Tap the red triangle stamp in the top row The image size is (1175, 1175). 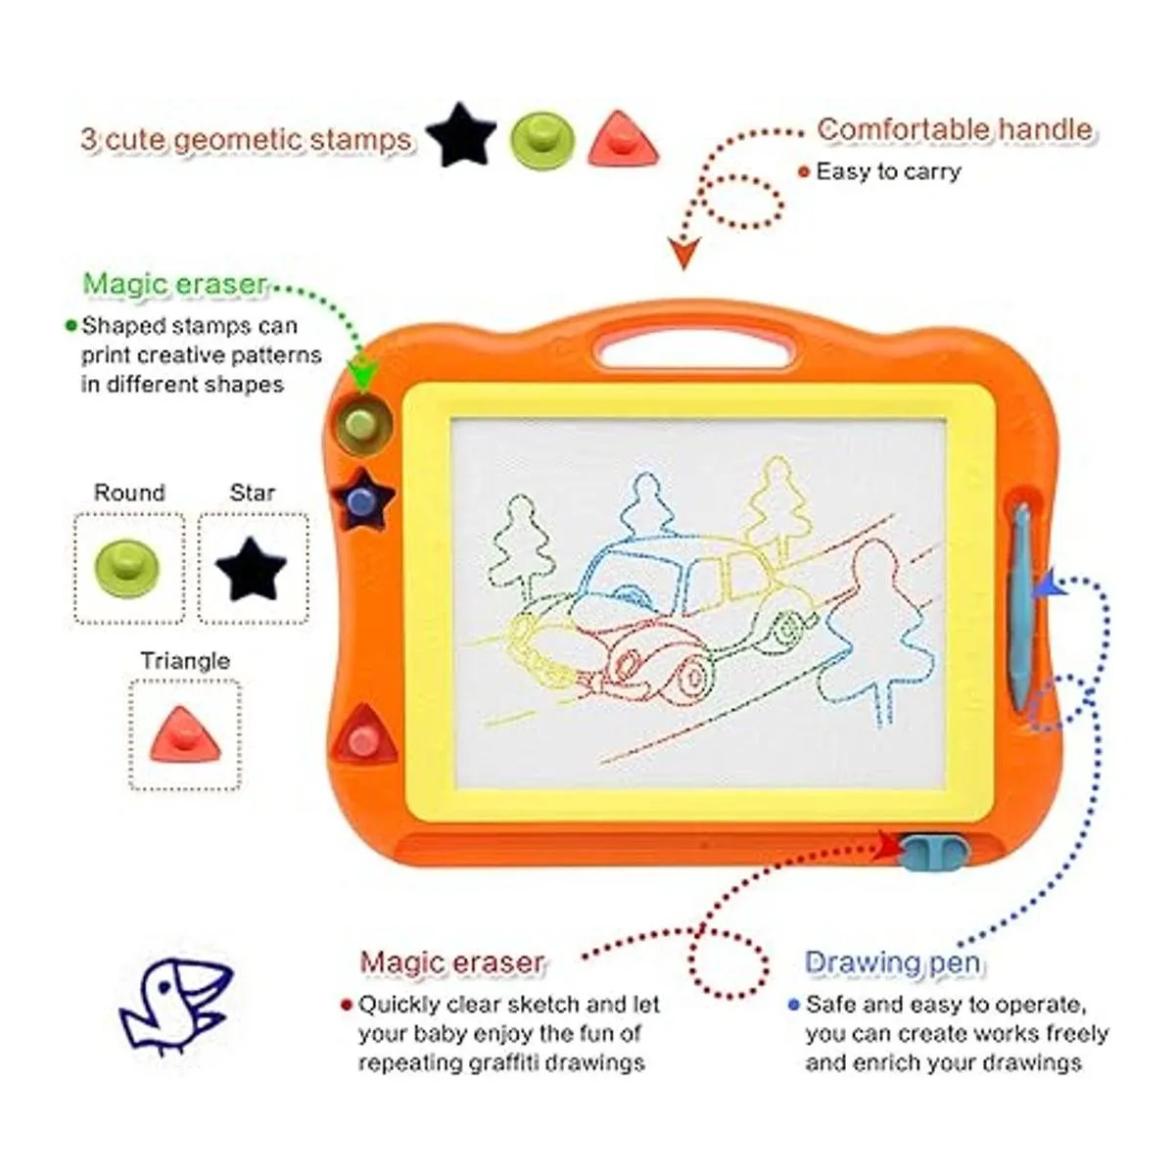coord(623,141)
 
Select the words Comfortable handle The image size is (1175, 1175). coord(955,129)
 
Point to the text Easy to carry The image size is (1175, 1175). coord(888,171)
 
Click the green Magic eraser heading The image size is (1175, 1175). coord(174,284)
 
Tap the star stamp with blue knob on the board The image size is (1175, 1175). coord(362,498)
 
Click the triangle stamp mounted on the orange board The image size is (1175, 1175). coord(364,733)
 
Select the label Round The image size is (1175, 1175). coord(130,493)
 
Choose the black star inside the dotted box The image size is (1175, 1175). coord(252,568)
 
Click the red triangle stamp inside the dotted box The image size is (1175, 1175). coord(185,736)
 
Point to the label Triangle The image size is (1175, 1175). coord(185,660)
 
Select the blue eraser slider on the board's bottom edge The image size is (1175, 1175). coord(934,851)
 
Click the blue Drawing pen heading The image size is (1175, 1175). coord(893,963)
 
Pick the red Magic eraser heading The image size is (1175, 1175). coord(451,963)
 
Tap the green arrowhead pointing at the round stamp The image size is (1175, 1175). coord(363,372)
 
